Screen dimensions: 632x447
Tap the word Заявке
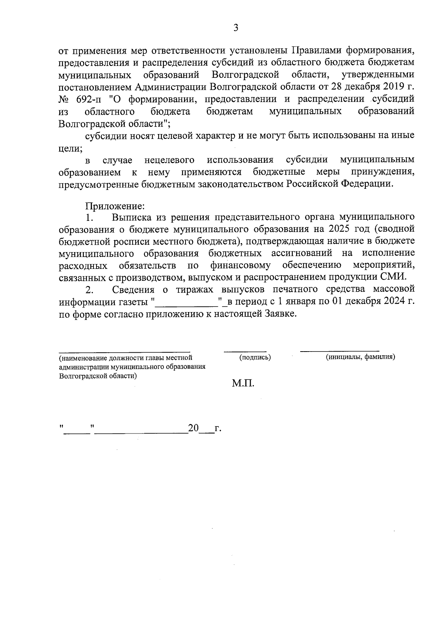click(281, 314)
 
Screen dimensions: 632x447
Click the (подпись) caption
click(255, 357)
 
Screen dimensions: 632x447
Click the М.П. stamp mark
click(243, 383)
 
